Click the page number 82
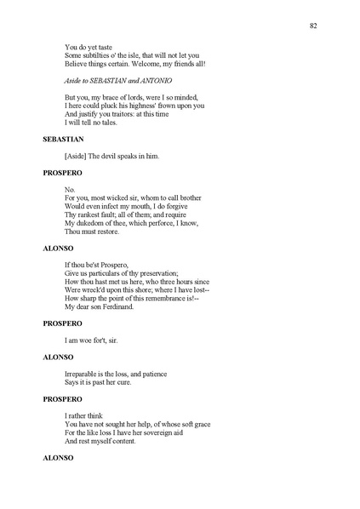[314, 26]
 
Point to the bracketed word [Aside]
[77, 156]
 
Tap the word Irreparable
[83, 373]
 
